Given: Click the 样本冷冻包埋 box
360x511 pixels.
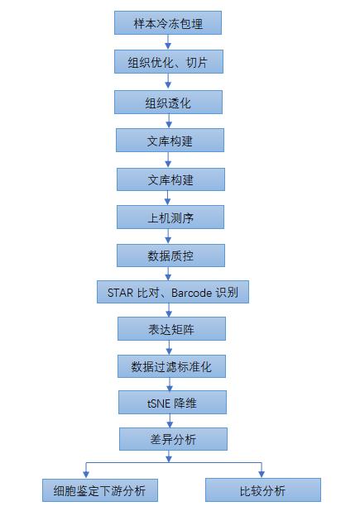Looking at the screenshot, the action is click(168, 23).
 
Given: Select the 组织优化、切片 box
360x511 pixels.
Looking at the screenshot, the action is click(169, 61).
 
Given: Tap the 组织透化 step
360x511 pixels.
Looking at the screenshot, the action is click(168, 103).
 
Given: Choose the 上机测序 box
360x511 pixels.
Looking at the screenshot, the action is click(170, 217).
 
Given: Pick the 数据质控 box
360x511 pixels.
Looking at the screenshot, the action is click(170, 255).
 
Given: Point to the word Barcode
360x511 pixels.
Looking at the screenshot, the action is click(192, 293).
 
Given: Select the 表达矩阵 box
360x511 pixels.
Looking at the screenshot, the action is click(171, 329).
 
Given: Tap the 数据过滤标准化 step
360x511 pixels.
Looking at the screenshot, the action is click(171, 366).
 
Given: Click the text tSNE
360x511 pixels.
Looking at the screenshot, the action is click(158, 404).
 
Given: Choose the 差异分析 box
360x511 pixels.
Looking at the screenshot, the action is click(173, 439).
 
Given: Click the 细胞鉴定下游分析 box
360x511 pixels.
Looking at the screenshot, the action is click(100, 490).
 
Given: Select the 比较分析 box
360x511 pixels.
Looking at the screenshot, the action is click(263, 490).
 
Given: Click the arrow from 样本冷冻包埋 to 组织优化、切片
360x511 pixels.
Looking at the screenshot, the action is click(168, 42).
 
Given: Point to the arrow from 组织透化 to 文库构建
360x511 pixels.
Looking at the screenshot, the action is click(169, 122).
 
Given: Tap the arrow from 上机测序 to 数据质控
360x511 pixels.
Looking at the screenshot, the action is click(168, 236).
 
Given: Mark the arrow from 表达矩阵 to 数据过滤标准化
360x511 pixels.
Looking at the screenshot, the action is click(169, 348).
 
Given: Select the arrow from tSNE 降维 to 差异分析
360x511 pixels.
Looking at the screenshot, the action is click(170, 421).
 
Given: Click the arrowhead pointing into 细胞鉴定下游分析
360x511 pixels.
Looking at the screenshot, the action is click(86, 475).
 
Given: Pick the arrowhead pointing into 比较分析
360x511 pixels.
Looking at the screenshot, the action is click(262, 474).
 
